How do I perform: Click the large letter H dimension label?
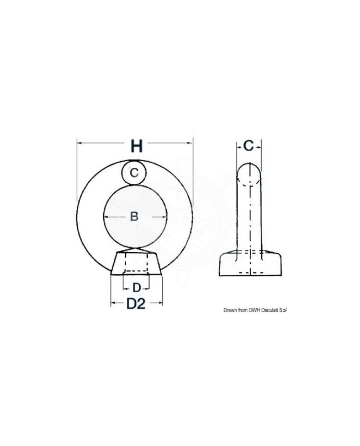tap(137, 146)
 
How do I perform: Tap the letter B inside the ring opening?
tap(134, 216)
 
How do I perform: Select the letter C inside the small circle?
tap(134, 173)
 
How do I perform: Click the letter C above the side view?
tap(249, 146)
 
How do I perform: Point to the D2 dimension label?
tap(136, 304)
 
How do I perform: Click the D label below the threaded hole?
tap(137, 288)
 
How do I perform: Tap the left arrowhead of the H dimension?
tap(79, 143)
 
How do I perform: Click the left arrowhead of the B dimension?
tap(107, 217)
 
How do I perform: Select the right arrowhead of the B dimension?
tap(164, 217)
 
